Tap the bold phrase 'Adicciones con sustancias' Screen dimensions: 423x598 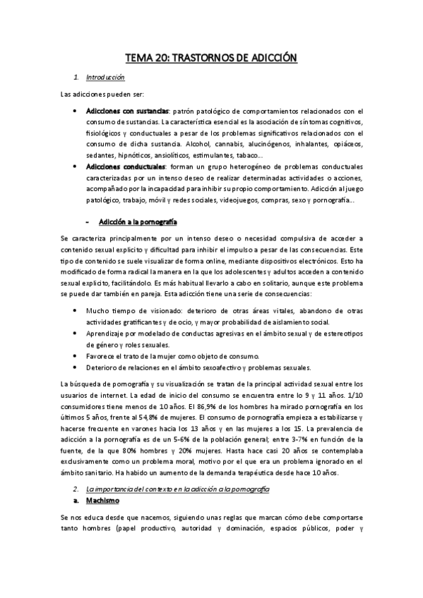click(127, 111)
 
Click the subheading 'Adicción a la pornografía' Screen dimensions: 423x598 click(138, 222)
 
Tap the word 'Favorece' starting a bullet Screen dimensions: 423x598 click(102, 357)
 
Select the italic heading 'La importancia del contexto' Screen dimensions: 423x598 click(129, 450)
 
